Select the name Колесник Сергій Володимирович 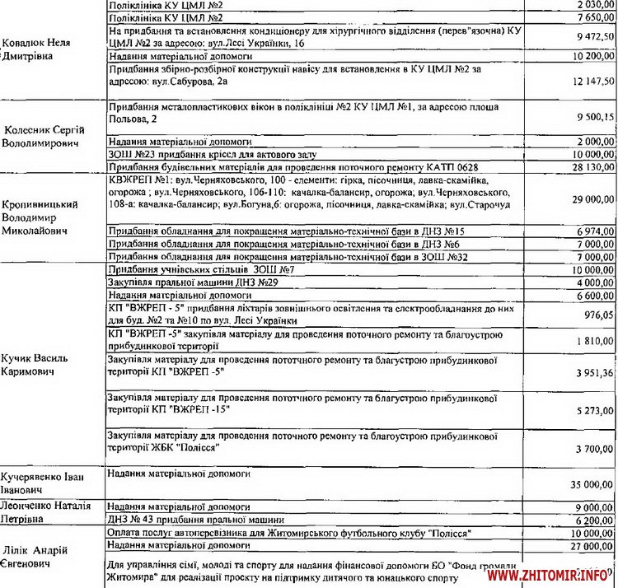click(49, 136)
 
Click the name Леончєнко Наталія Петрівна click(49, 513)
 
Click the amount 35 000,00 click(591, 485)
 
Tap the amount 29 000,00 click(591, 199)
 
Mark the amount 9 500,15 click(592, 117)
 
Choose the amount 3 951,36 click(592, 374)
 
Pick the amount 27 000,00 click(591, 545)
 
